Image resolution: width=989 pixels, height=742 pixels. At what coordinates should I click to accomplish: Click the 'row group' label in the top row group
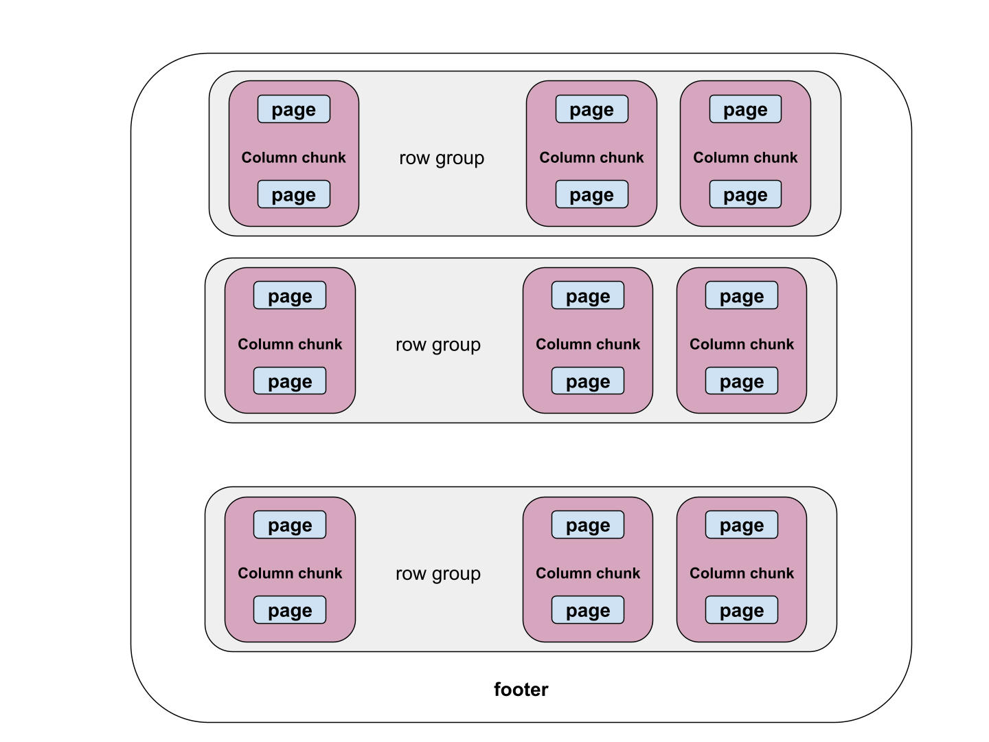442,158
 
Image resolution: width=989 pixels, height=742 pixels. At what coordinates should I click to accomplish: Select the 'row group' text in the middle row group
438,345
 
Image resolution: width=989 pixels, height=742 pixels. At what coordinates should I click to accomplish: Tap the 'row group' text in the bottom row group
438,574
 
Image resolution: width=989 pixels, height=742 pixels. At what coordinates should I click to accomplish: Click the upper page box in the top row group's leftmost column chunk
294,109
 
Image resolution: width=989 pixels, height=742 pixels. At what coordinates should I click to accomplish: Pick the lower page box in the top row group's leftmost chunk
294,194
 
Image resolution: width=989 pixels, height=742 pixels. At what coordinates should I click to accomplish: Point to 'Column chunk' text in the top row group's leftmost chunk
294,157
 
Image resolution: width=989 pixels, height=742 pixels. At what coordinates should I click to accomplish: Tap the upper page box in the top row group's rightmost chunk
745,109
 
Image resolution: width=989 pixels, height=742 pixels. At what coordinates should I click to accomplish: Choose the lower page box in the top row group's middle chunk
592,194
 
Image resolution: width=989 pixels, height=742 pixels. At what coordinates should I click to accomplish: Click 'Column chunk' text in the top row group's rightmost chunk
745,157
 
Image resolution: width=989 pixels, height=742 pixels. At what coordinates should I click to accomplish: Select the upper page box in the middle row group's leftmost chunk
290,296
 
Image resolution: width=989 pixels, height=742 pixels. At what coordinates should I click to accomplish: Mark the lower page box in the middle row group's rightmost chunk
742,381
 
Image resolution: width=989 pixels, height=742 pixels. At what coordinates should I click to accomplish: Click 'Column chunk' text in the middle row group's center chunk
588,344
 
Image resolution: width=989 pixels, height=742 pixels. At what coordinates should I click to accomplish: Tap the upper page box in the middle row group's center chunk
588,296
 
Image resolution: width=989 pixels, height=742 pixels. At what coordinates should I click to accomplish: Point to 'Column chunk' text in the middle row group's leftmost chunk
290,344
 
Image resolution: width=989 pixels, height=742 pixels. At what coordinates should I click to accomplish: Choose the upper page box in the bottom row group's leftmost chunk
290,525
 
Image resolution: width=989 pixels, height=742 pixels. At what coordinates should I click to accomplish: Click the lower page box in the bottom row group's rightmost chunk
742,610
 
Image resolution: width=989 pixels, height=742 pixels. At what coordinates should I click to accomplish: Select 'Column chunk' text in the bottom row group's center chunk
588,573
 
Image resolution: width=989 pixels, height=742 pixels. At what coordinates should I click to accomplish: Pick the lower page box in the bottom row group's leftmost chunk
290,610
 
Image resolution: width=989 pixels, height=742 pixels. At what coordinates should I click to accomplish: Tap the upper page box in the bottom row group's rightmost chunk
742,525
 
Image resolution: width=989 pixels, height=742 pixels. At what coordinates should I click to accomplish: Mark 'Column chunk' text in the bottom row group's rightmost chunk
742,573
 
